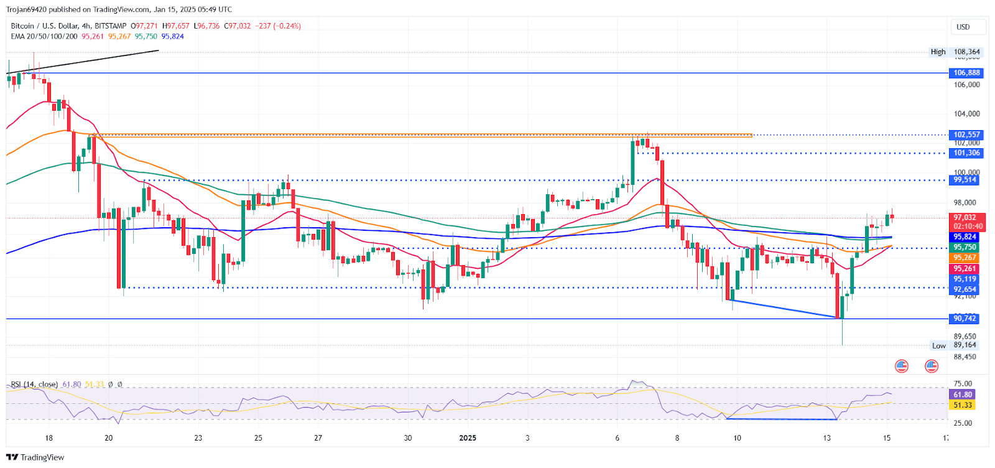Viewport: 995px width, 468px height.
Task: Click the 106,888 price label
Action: [966, 73]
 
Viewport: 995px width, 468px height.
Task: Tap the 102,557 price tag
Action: [966, 134]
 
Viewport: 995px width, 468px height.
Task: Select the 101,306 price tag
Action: [966, 153]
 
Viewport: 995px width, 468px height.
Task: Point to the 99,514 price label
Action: [965, 180]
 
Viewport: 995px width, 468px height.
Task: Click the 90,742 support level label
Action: [965, 319]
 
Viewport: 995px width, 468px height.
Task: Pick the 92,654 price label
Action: [965, 289]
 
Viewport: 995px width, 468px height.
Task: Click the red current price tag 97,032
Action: [965, 218]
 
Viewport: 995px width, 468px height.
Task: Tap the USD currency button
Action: [963, 27]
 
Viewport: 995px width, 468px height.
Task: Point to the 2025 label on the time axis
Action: [468, 438]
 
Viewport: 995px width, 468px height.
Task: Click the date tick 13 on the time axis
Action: [827, 438]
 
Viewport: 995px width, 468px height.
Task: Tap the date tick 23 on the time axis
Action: [198, 438]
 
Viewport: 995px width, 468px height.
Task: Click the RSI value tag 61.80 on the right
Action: [963, 395]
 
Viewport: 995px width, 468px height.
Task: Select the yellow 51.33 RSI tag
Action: [963, 405]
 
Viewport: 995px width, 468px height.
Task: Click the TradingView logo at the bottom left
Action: [35, 457]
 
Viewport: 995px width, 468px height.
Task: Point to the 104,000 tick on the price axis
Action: [966, 114]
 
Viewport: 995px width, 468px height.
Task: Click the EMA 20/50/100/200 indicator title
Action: [44, 36]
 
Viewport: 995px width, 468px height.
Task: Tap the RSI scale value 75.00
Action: [963, 384]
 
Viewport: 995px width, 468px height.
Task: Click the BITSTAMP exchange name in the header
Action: [111, 26]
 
